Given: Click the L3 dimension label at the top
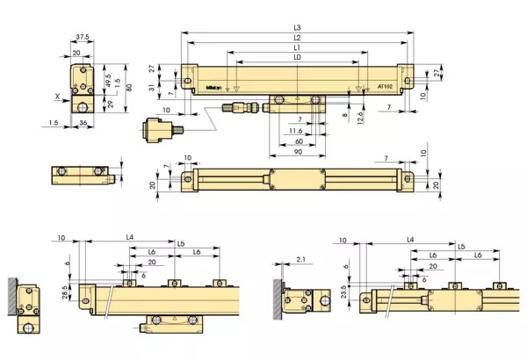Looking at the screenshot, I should [297, 28].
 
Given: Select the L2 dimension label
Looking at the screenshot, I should [297, 39].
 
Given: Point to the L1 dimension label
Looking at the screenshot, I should [297, 48].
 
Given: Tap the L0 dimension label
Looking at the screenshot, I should [297, 58].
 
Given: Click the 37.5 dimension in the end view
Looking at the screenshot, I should [83, 38].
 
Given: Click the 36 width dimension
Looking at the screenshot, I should [82, 124].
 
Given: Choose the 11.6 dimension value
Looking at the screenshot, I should [297, 131].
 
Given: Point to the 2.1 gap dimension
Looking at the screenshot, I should [300, 260].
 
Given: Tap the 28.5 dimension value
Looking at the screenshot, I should [65, 291].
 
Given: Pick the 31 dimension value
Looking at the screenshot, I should [152, 85].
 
